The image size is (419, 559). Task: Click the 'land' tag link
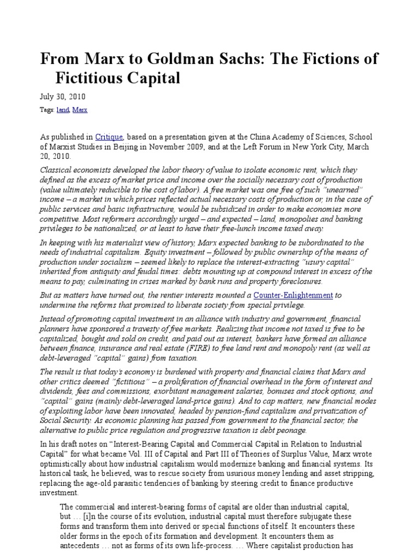click(63, 110)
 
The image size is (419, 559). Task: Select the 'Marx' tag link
click(80, 110)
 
